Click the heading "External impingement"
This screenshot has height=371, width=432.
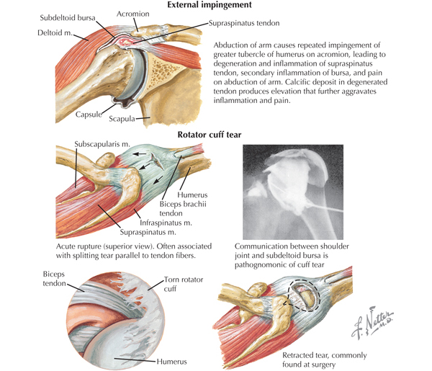[x=210, y=5]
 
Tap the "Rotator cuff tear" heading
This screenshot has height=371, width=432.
[x=210, y=135]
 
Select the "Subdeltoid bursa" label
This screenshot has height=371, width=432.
[x=68, y=18]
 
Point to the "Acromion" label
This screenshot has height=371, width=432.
[x=132, y=14]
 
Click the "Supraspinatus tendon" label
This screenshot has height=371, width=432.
[x=244, y=23]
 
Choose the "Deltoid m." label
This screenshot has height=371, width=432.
[x=55, y=33]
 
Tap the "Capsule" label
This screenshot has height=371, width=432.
[x=89, y=115]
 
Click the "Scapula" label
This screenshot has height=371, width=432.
[x=122, y=119]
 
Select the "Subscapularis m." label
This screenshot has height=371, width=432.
[x=102, y=144]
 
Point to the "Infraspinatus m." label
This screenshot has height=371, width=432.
[x=166, y=223]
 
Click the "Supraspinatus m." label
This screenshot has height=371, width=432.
[x=148, y=232]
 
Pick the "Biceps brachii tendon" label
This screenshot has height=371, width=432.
[x=183, y=209]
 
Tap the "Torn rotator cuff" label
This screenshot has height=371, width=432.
[x=184, y=284]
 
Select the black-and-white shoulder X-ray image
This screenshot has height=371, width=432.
[x=293, y=192]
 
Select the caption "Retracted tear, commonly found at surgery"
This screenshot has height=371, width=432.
[x=325, y=359]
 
